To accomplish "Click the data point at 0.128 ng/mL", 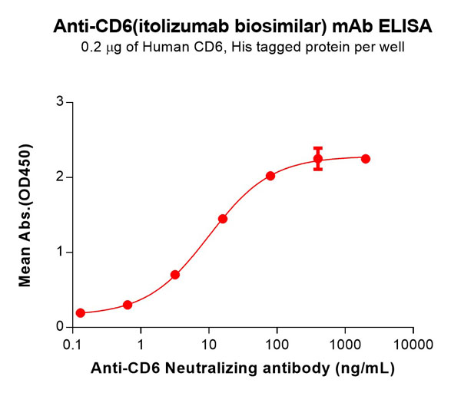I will click(81, 313).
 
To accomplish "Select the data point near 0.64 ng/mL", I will click(128, 305).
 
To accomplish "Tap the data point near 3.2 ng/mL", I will click(175, 274).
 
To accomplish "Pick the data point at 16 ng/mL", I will click(223, 219).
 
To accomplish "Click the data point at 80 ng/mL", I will click(270, 176).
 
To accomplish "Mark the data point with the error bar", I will click(318, 159).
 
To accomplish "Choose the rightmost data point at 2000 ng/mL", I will click(366, 159).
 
